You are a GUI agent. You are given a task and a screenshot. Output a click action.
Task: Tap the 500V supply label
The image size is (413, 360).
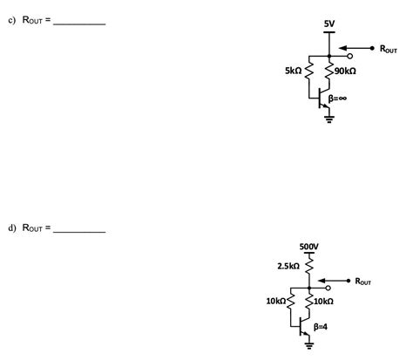point(308,247)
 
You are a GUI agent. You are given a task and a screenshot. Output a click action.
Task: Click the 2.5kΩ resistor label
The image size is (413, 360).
point(288,265)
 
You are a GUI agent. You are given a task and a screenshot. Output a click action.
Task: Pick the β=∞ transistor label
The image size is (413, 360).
point(338,98)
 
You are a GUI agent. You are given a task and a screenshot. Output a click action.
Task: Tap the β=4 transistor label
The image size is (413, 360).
point(322,325)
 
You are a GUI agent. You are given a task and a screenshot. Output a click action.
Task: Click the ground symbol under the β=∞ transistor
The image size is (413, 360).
point(328,119)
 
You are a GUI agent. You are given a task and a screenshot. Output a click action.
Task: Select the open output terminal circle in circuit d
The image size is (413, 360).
point(327,287)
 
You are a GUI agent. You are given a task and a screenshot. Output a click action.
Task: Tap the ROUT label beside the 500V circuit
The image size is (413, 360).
point(362,282)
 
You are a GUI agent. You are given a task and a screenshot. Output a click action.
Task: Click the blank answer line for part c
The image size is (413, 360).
point(79,24)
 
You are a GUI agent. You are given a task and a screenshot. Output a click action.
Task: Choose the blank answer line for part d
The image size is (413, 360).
point(79,230)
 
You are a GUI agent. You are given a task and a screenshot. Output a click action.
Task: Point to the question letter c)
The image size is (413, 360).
point(13,21)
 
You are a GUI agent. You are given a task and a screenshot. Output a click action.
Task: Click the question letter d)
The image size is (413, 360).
point(13,228)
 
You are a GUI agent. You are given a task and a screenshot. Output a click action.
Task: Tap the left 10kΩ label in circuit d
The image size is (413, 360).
point(276,301)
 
